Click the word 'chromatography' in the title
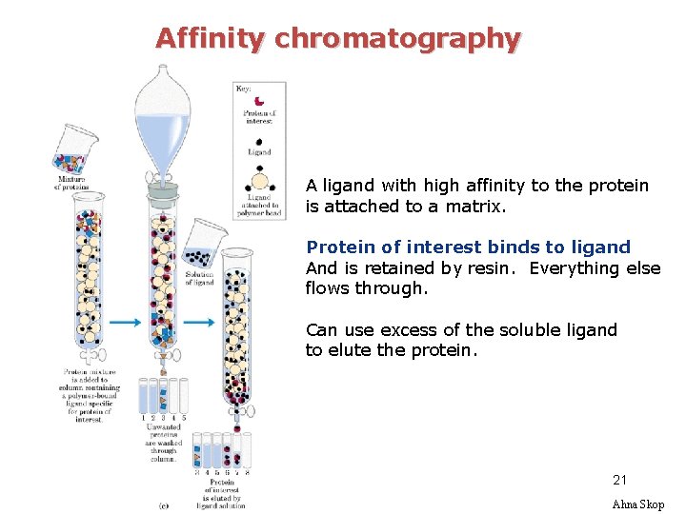pos(397,39)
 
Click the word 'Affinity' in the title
pos(212,39)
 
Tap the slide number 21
pos(620,481)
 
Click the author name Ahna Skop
pos(637,504)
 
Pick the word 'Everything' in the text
pos(574,268)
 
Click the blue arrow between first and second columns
pos(125,323)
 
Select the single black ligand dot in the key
pos(259,141)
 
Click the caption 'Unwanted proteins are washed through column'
pos(163,443)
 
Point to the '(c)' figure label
pos(164,504)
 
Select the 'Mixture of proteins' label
pos(72,183)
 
